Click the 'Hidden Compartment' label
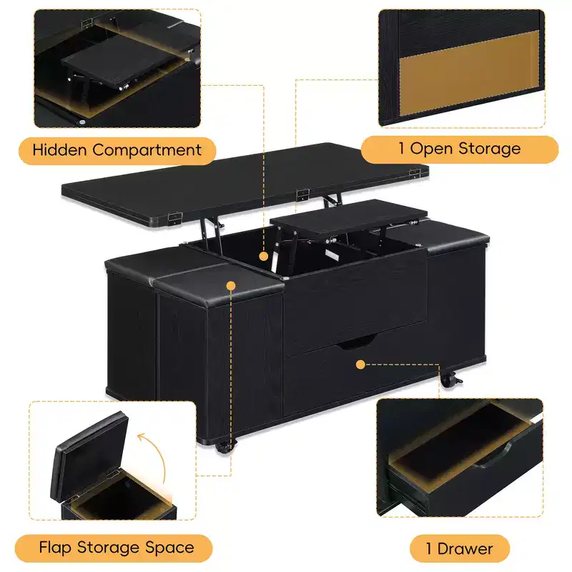click(117, 151)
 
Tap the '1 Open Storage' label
click(460, 149)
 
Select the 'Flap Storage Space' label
click(117, 548)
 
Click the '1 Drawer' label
click(460, 549)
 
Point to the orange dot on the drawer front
click(360, 364)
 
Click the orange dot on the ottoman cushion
click(231, 285)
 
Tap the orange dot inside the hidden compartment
click(263, 257)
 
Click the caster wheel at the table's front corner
click(224, 446)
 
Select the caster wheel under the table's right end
click(450, 380)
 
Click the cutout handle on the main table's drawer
click(355, 342)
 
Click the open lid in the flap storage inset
click(90, 456)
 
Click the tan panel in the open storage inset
click(470, 73)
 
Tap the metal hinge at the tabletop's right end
click(415, 173)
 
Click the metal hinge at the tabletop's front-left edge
click(174, 218)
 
